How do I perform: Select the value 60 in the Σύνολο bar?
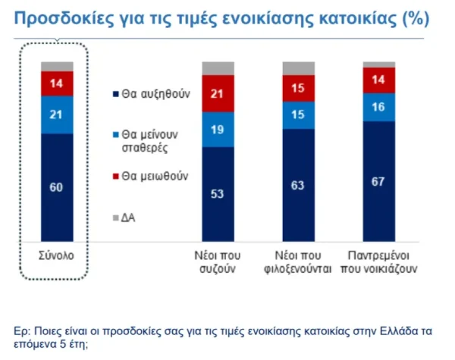57,187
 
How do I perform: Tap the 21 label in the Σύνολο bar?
57,114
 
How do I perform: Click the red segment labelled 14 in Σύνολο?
57,83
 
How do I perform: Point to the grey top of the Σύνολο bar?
57,66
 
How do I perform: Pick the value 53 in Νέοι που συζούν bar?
218,193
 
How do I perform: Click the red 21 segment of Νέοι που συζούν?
218,95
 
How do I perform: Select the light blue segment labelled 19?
218,130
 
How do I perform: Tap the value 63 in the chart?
298,184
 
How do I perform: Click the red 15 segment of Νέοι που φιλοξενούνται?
298,89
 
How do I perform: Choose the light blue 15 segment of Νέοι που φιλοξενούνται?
298,114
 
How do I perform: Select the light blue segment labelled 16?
378,107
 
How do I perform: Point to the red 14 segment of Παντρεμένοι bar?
378,79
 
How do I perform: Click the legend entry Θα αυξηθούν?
151,95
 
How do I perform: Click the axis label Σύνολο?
57,255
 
